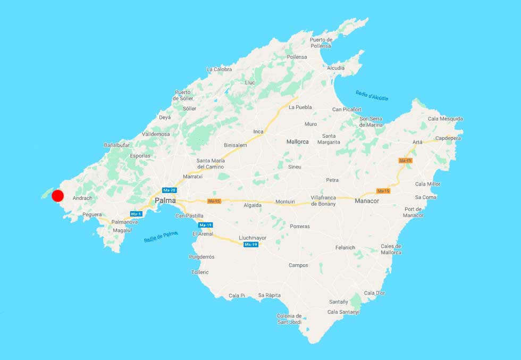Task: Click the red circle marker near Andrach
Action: tap(58, 196)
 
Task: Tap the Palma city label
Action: tap(165, 200)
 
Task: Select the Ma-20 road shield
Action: tap(170, 190)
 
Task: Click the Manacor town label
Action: tap(366, 201)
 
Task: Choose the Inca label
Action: tap(258, 131)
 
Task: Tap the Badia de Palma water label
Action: tap(161, 237)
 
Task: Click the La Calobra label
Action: tap(219, 69)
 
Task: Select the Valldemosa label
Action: tap(156, 135)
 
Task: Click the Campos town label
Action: tap(298, 265)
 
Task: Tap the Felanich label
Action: tap(345, 248)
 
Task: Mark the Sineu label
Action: tap(295, 166)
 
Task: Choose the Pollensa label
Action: tap(297, 57)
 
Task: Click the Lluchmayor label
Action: tap(253, 238)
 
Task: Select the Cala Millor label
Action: tap(427, 184)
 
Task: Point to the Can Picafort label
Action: tap(347, 110)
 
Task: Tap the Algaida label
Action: tap(253, 204)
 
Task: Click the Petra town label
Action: tap(332, 180)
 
